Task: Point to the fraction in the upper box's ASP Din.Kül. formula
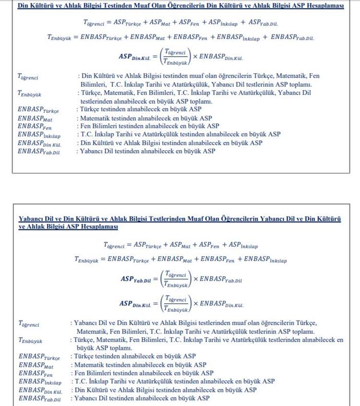[x=174, y=56]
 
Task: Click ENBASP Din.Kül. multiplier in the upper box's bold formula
[x=220, y=57]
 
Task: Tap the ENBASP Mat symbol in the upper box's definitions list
[x=35, y=118]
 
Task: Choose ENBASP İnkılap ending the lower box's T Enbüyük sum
[x=265, y=260]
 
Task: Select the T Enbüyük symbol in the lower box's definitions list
[x=30, y=341]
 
